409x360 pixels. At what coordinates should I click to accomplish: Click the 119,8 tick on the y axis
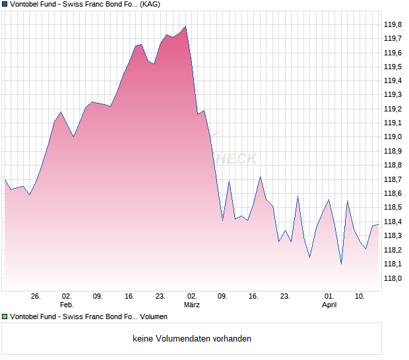[393, 24]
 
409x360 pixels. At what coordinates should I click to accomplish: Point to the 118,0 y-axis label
[393, 278]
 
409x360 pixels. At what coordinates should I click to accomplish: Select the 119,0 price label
[393, 137]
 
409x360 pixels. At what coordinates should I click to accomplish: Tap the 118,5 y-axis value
[393, 208]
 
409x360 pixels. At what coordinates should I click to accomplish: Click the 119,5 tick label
[393, 67]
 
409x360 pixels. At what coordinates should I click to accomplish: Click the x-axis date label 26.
[36, 297]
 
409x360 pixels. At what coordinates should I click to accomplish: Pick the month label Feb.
[67, 305]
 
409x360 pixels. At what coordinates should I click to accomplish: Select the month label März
[192, 305]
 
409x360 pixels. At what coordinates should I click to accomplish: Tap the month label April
[329, 305]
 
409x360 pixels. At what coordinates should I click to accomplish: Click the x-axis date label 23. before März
[160, 297]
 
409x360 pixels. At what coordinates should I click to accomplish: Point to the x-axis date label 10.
[360, 297]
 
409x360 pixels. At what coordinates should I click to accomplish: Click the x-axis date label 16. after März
[254, 297]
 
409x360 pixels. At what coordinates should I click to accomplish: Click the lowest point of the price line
[341, 264]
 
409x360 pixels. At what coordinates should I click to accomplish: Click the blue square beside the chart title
[5, 4]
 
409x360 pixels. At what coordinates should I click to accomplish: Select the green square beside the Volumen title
[5, 317]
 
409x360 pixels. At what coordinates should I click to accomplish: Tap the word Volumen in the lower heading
[154, 317]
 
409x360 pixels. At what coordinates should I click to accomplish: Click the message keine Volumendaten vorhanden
[192, 339]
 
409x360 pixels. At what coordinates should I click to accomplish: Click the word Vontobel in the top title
[26, 4]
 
